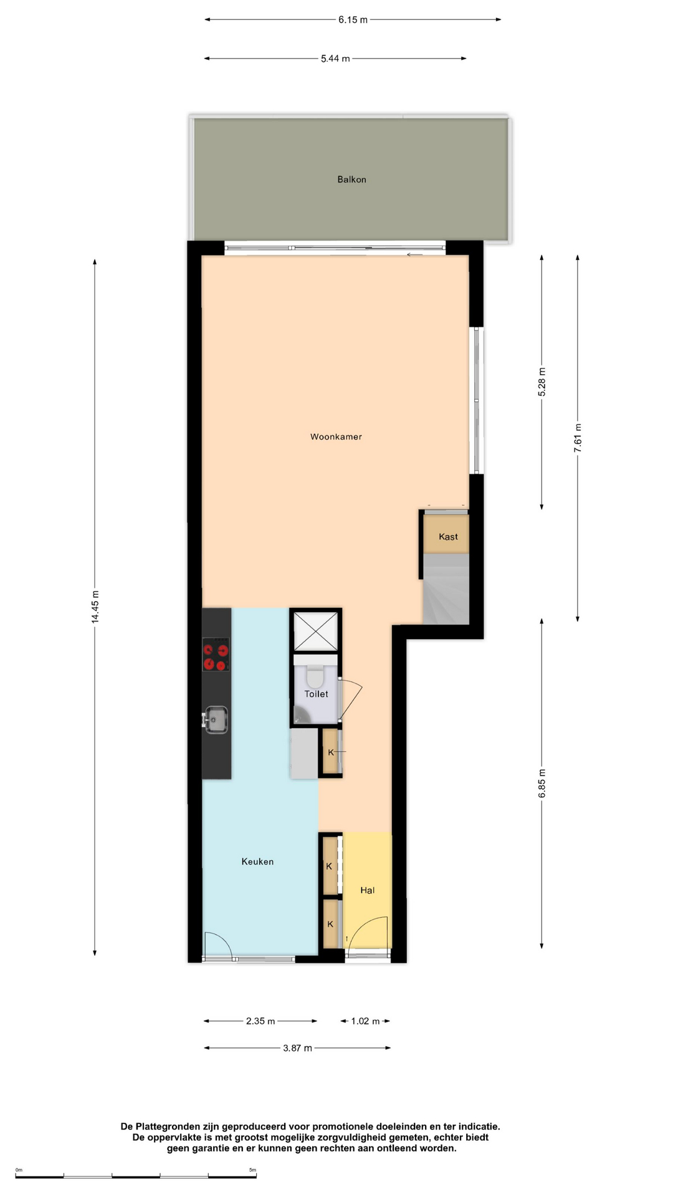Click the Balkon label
pyautogui.click(x=351, y=180)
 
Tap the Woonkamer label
pyautogui.click(x=336, y=437)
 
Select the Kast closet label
pyautogui.click(x=448, y=537)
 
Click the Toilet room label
pyautogui.click(x=316, y=694)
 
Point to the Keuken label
pyautogui.click(x=257, y=862)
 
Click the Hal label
pyautogui.click(x=367, y=890)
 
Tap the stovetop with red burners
pyautogui.click(x=216, y=654)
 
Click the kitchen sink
pyautogui.click(x=216, y=719)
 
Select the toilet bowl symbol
pyautogui.click(x=315, y=675)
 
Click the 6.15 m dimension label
pyautogui.click(x=353, y=19)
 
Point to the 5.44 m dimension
pyautogui.click(x=335, y=59)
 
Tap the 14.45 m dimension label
pyautogui.click(x=95, y=607)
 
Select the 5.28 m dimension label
pyautogui.click(x=542, y=382)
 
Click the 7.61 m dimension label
pyautogui.click(x=578, y=438)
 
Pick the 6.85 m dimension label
pyautogui.click(x=542, y=784)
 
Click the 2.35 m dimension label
pyautogui.click(x=260, y=1021)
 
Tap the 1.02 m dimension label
pyautogui.click(x=365, y=1021)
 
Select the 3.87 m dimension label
pyautogui.click(x=297, y=1048)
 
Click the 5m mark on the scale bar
pyautogui.click(x=252, y=1170)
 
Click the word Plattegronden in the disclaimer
pyautogui.click(x=168, y=1127)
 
